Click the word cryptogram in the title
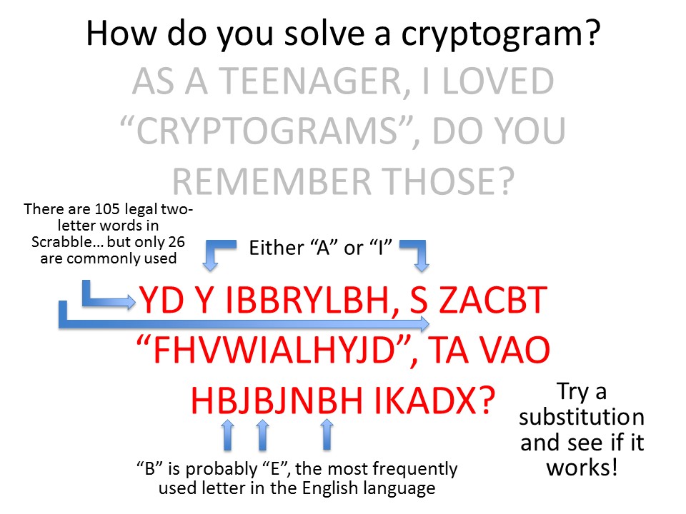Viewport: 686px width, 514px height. (x=494, y=35)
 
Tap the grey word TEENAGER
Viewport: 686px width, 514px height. (x=310, y=81)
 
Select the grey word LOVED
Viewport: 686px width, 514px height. (x=498, y=81)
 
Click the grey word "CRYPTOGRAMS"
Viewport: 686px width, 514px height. (x=267, y=131)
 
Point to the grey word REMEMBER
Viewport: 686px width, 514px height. (x=272, y=181)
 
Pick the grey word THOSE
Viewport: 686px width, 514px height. (x=441, y=181)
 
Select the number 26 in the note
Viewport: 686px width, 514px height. (x=176, y=242)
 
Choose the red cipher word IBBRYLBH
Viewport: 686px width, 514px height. (x=308, y=300)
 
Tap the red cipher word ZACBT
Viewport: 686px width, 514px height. (x=492, y=300)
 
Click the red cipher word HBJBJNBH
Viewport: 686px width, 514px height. (x=277, y=400)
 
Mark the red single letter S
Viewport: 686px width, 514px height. (x=419, y=300)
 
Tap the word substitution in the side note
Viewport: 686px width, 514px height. (x=582, y=417)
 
